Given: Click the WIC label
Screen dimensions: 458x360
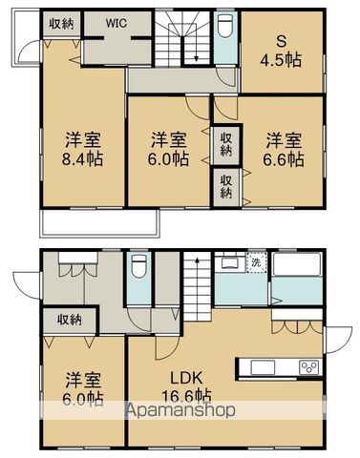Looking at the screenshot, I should [115, 22].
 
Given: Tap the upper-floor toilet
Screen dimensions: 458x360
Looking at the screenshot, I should [224, 32].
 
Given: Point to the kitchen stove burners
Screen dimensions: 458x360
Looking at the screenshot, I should [311, 367].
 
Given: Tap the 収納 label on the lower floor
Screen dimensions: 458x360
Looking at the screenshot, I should [68, 320].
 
